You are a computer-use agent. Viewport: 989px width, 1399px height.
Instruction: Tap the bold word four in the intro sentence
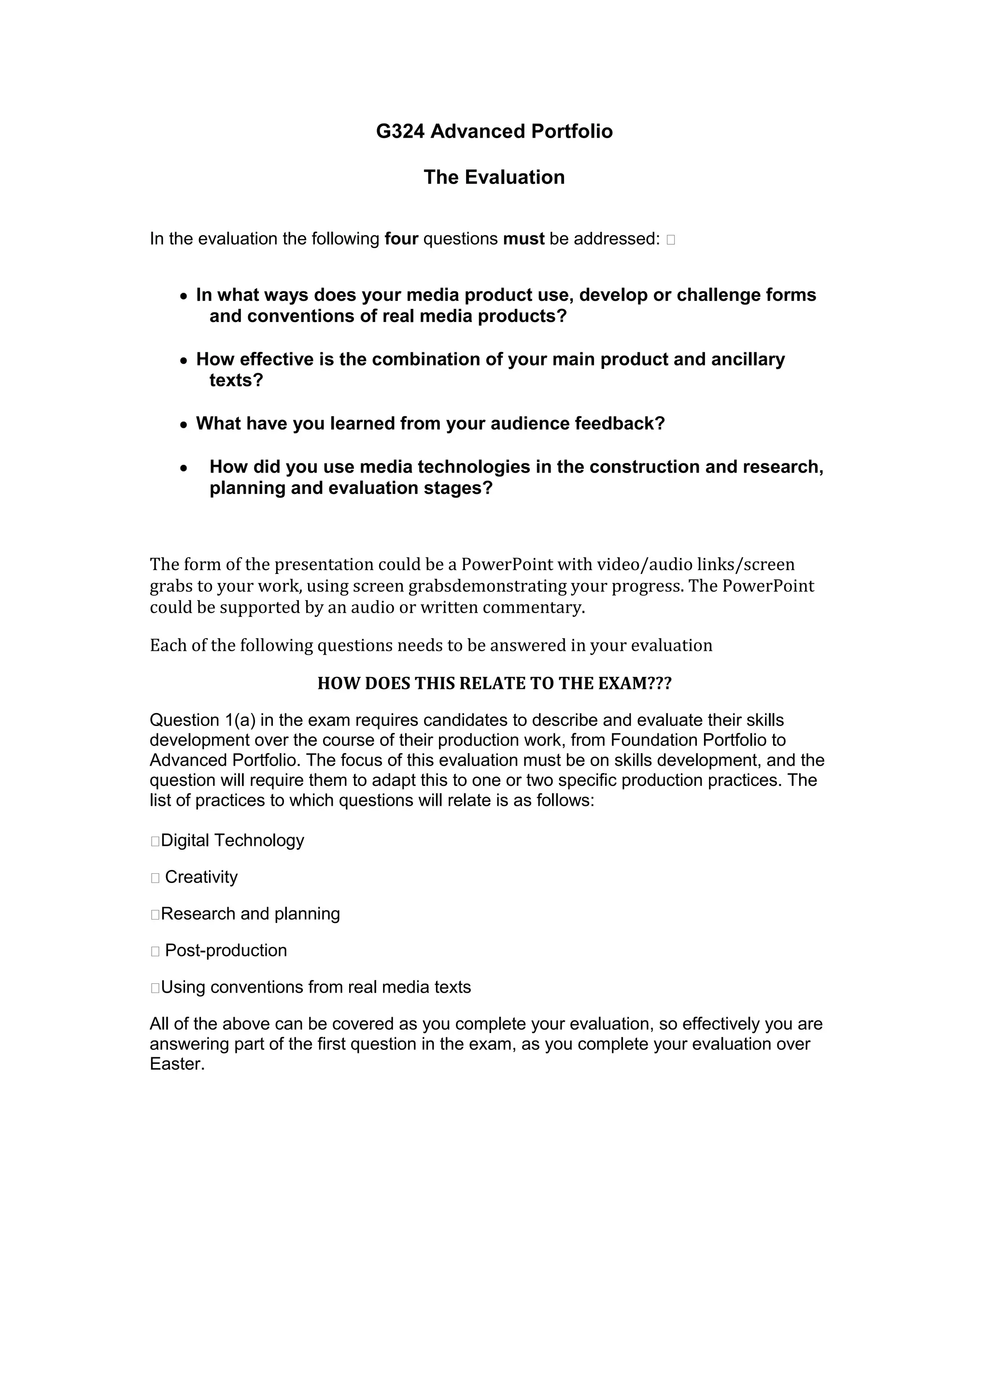401,239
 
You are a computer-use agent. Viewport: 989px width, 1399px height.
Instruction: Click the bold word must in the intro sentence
523,239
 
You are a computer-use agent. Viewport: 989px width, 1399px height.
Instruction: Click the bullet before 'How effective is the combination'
184,361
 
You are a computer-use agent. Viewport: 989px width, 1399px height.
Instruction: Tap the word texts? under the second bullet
236,381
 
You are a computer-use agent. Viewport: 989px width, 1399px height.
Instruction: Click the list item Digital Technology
232,840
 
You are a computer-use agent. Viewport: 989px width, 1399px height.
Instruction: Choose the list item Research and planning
250,913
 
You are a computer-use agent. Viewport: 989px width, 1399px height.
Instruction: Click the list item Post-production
226,950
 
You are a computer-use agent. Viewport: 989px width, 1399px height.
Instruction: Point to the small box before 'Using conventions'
155,988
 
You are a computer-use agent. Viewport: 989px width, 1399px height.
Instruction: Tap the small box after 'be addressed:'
670,239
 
